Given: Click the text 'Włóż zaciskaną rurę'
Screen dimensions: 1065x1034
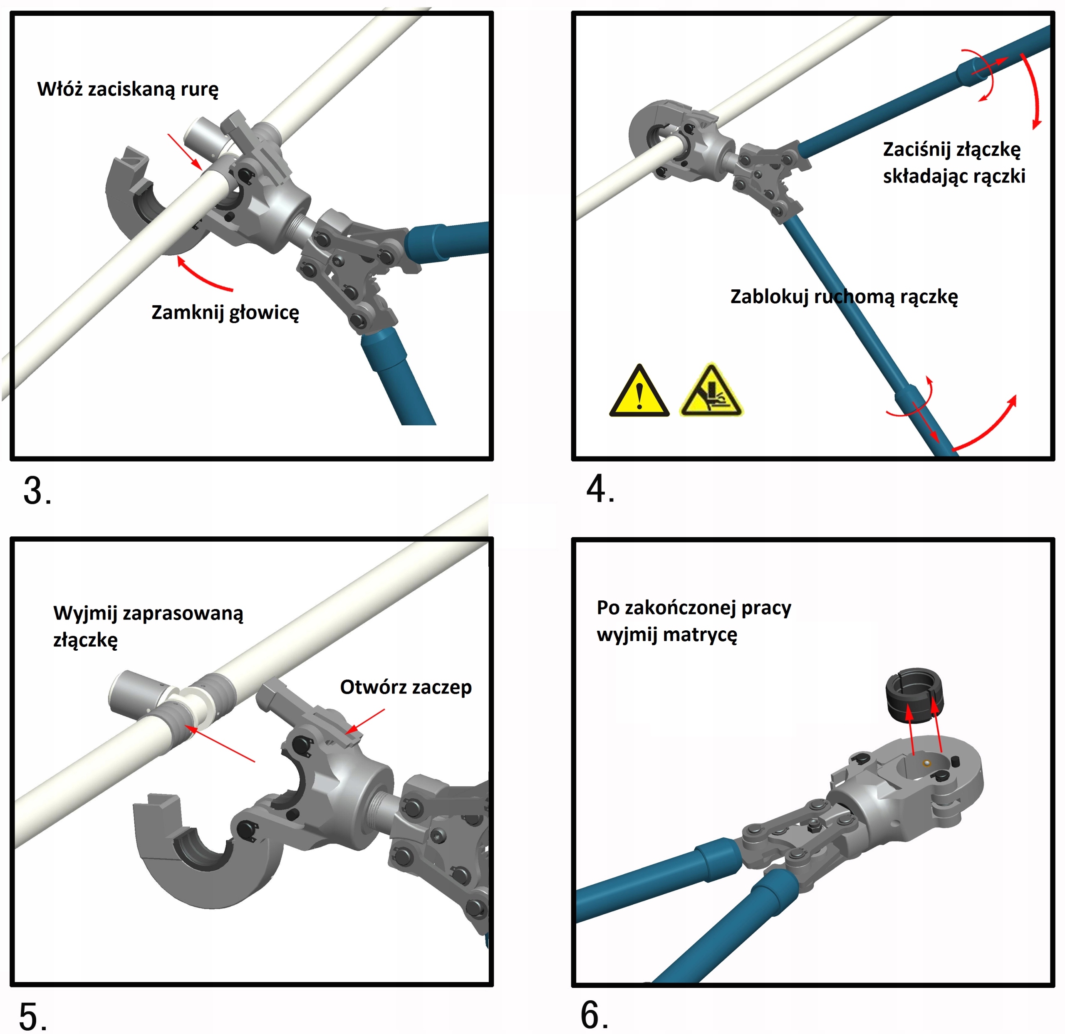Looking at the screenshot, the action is pos(128,89).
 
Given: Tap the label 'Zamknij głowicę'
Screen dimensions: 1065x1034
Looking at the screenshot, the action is pos(225,313).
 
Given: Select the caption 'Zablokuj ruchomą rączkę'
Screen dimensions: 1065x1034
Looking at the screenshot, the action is pos(844,297).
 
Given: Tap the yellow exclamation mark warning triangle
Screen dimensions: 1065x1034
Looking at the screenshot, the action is pos(639,391).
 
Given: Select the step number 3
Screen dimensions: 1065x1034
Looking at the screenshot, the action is pos(37,491).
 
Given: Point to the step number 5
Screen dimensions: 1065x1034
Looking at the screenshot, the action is pos(32,1016).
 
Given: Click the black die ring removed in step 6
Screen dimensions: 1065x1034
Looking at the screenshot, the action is pos(914,696).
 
